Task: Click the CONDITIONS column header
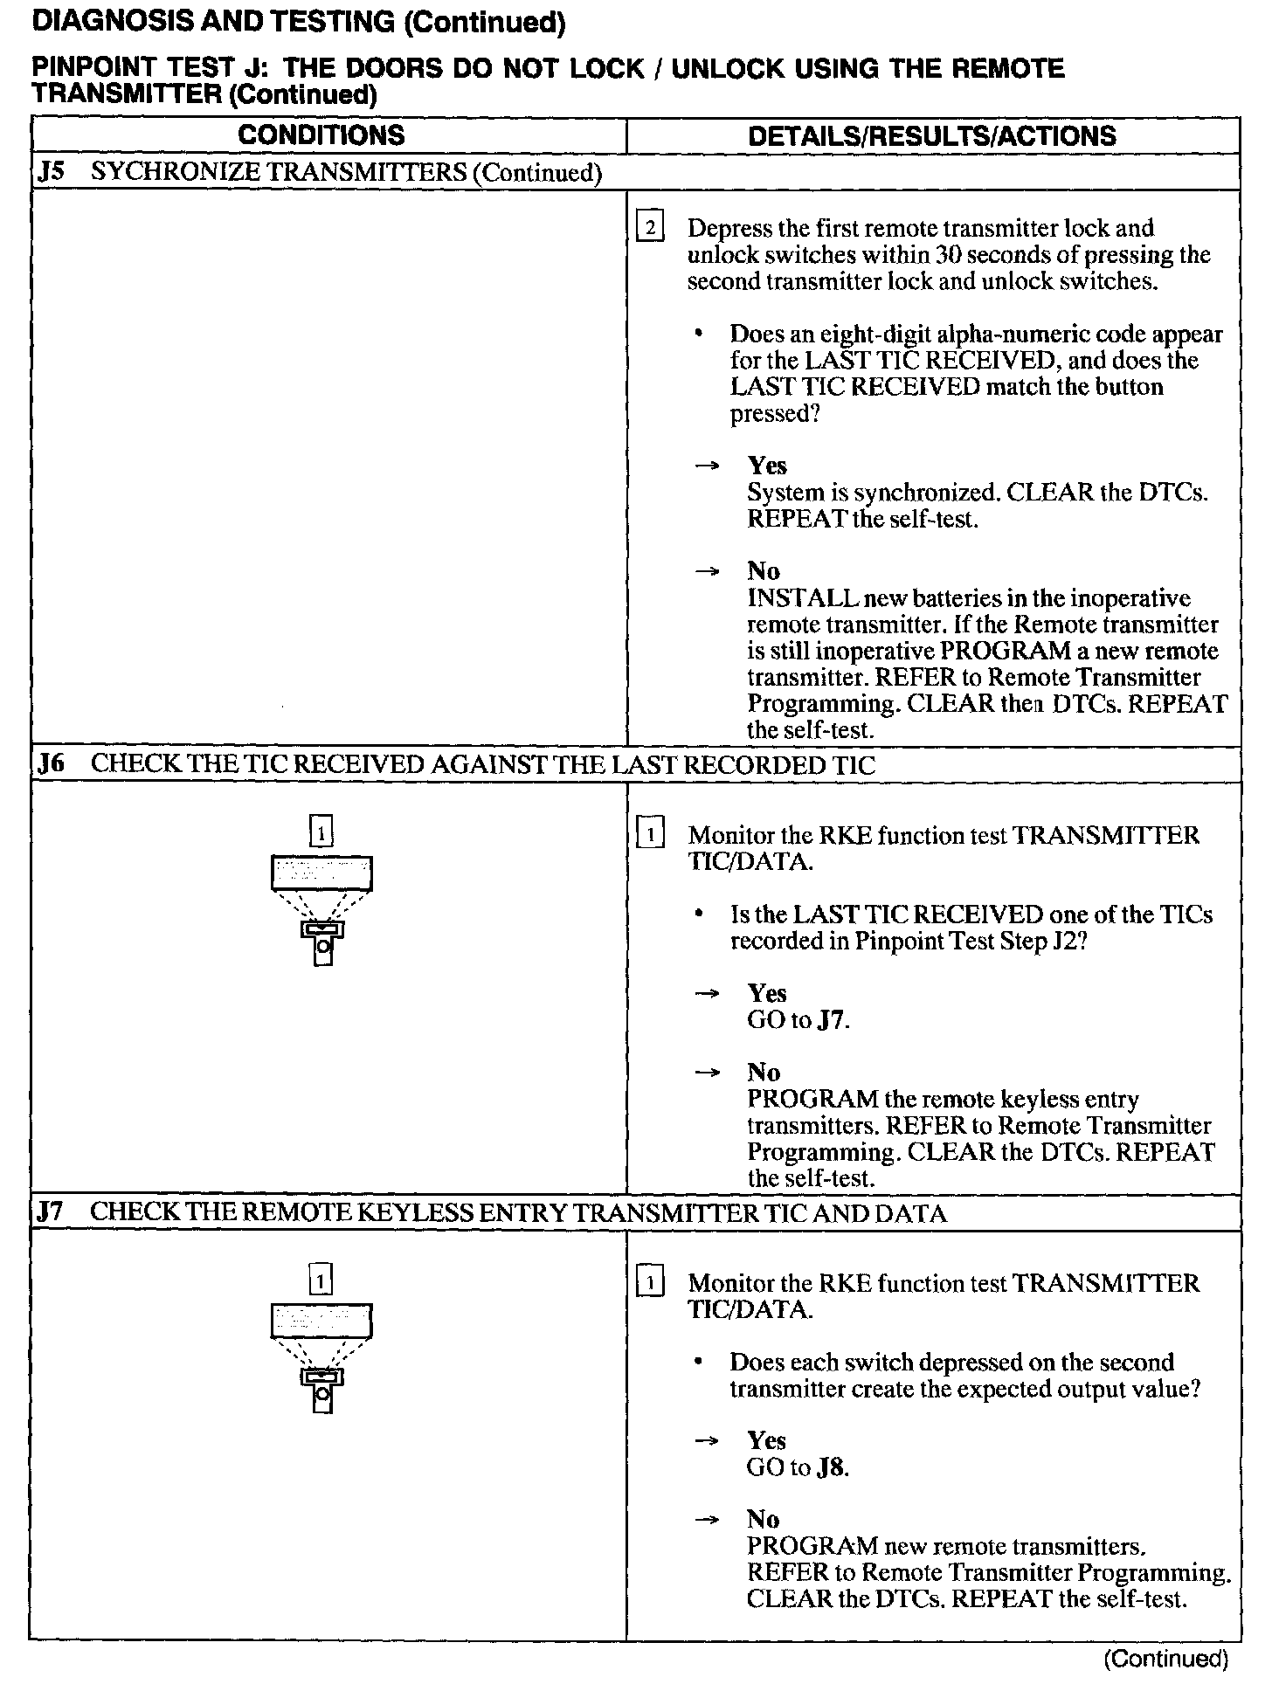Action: tap(321, 135)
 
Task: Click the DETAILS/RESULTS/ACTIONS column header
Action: tap(932, 136)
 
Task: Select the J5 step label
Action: tap(52, 171)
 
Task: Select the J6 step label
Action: tap(52, 764)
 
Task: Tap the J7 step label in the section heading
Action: tap(52, 1212)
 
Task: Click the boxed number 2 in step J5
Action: tap(651, 229)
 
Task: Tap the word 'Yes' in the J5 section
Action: tap(767, 466)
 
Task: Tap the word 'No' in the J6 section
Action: tap(763, 1073)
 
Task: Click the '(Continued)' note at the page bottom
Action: tap(1166, 1659)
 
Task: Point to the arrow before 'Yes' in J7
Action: tap(706, 1441)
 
